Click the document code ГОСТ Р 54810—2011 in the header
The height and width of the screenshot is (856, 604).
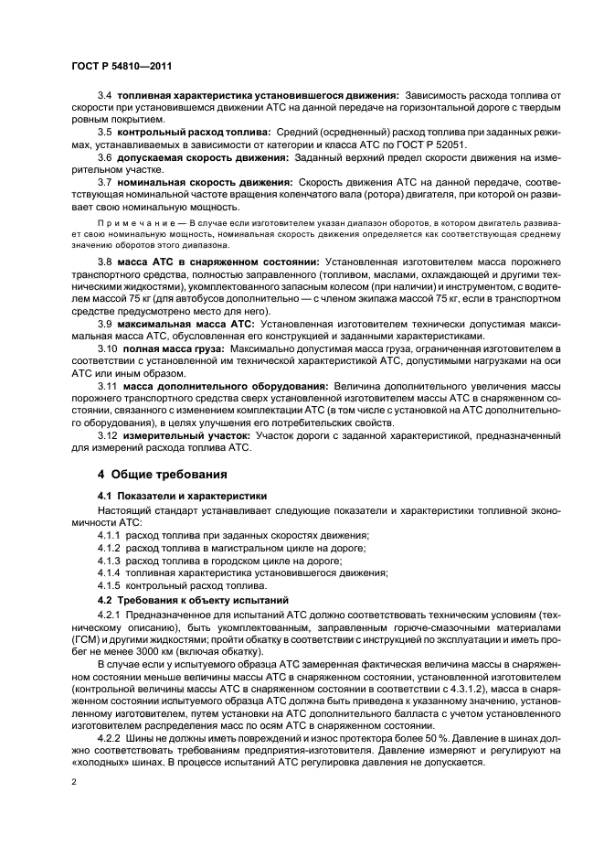(122, 67)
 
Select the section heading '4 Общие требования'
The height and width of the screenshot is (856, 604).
(164, 474)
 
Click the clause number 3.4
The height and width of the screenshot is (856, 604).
(104, 95)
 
